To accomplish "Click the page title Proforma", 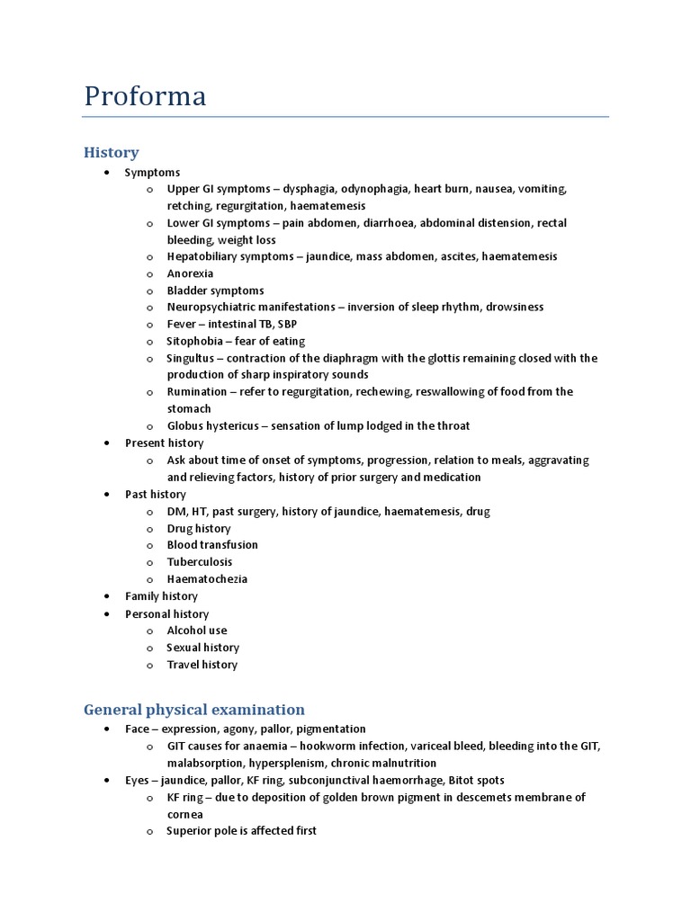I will coord(145,95).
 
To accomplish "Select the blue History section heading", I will coord(111,153).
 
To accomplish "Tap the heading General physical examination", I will coord(194,710).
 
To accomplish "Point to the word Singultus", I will coord(191,358).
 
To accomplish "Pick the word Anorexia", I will coord(191,273).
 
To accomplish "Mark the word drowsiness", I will coord(514,307).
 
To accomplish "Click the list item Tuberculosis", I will coord(200,562).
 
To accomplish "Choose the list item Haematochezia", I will coord(207,579).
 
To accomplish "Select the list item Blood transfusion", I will coord(212,545).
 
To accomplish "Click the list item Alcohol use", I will coord(197,630).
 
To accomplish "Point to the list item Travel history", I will coord(202,665).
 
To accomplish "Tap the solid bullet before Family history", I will coord(107,596).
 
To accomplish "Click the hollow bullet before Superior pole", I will coord(149,832).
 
